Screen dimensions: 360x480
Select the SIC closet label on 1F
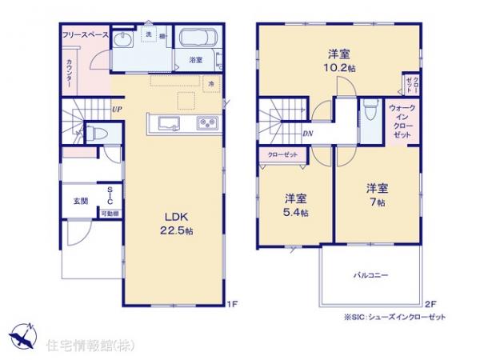click(110, 196)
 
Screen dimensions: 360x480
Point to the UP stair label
click(118, 109)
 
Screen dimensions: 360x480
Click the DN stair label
click(308, 134)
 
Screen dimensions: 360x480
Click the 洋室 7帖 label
click(377, 195)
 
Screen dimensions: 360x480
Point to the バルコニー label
click(371, 274)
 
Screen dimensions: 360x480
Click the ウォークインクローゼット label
click(402, 121)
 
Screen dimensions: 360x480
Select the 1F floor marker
click(232, 303)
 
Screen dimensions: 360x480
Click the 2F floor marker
click(430, 303)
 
